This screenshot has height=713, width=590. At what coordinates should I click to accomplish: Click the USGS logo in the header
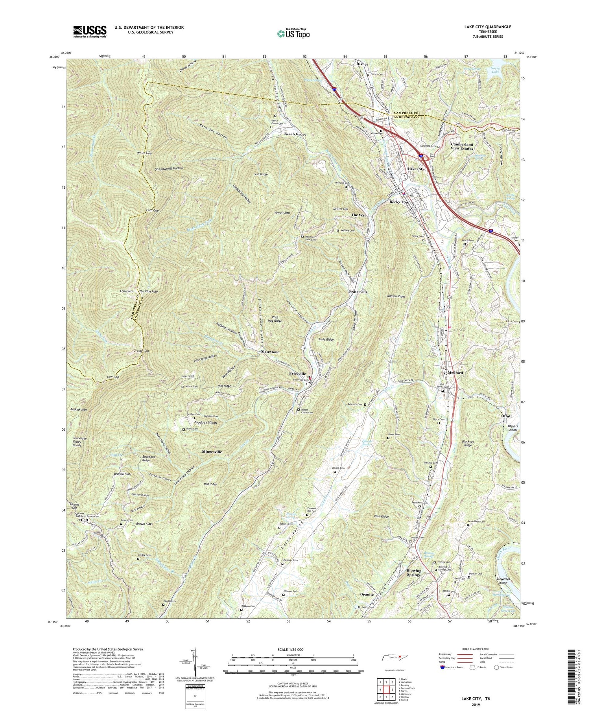[x=90, y=31]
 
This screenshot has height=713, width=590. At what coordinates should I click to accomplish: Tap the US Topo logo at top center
[x=293, y=33]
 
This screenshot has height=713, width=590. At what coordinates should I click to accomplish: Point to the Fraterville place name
[x=358, y=292]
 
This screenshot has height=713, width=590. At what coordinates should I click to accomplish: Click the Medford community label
[x=455, y=372]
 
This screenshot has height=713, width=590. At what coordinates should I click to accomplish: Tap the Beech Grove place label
[x=295, y=134]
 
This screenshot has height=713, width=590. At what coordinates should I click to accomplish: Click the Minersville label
[x=212, y=452]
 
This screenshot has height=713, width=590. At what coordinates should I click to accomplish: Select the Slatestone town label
[x=270, y=352]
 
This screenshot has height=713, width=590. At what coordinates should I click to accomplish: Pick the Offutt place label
[x=506, y=416]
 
